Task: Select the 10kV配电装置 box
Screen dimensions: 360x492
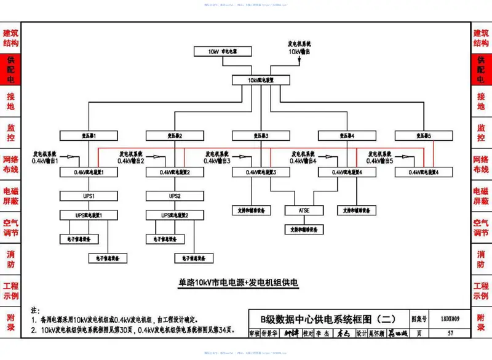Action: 261,80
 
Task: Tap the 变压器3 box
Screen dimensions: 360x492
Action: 261,135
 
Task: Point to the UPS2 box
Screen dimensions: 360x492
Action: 175,196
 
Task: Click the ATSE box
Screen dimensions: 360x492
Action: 303,210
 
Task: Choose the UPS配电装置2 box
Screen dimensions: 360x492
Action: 175,215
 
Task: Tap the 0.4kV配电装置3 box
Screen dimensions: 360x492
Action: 261,172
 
